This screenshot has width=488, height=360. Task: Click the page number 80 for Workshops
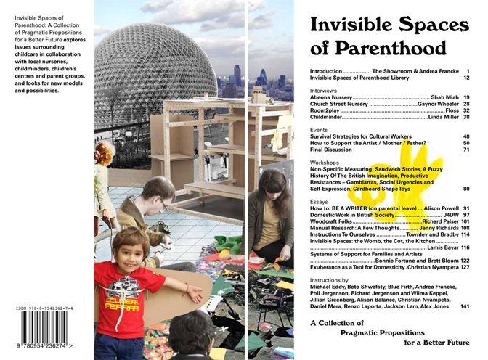(x=466, y=189)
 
